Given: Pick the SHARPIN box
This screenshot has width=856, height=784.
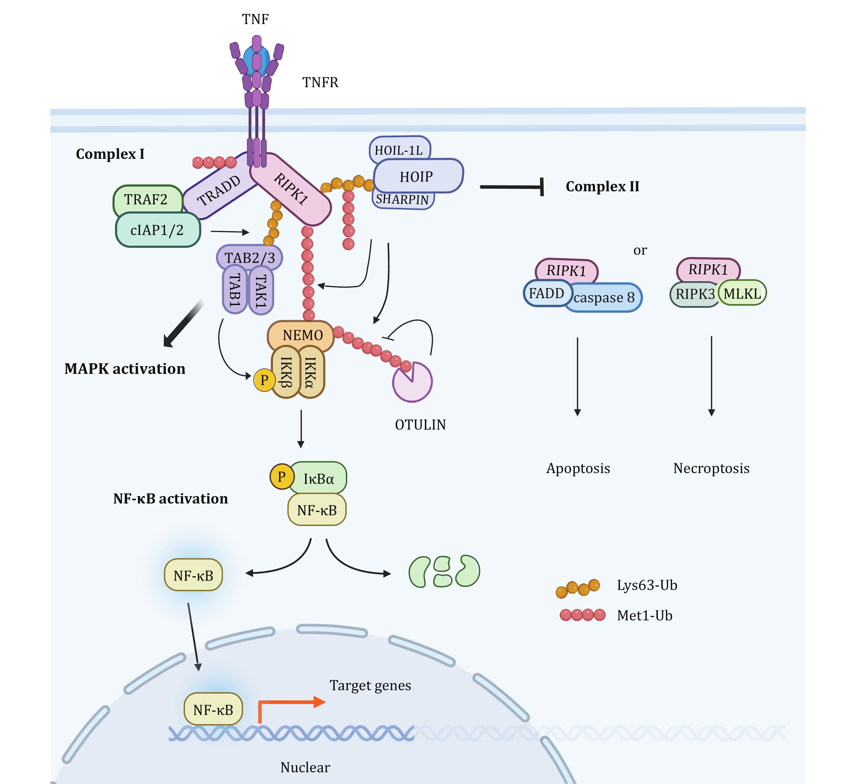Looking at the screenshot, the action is click(x=402, y=199).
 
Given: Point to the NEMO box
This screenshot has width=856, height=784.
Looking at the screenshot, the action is click(x=301, y=335).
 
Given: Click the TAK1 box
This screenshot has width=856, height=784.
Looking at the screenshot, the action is click(x=261, y=290).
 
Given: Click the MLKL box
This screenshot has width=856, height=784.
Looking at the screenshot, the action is click(x=742, y=293).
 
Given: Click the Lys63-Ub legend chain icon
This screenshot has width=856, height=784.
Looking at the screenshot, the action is click(x=578, y=588).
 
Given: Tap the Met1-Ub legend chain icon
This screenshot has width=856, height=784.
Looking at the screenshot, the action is click(x=583, y=615).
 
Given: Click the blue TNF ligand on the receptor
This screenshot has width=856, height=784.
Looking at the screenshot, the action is click(x=256, y=60).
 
